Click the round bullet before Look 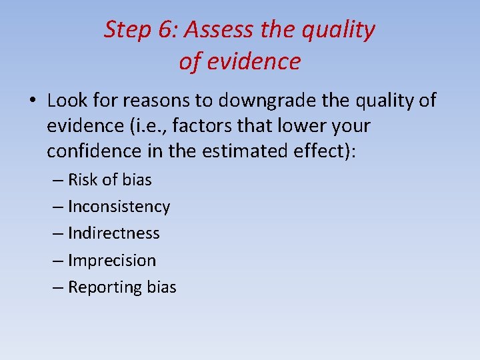(33, 101)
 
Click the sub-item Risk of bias (109, 180)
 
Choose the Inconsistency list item (119, 207)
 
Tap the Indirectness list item (113, 233)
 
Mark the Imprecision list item (111, 261)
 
